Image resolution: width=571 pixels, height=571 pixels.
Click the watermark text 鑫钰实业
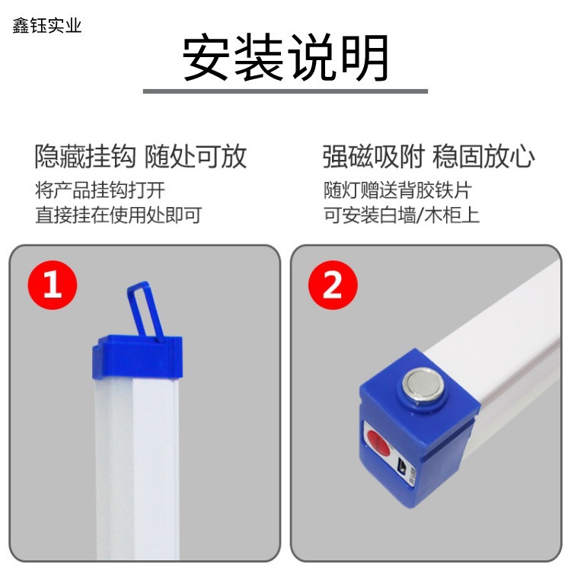coord(46,26)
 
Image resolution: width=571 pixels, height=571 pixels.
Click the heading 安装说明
coord(285,59)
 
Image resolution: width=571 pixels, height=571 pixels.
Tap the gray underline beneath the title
coord(285,91)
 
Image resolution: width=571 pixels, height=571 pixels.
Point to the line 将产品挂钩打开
coord(99,190)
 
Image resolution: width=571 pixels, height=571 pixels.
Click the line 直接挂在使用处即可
coord(118,215)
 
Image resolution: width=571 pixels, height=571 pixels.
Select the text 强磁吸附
coord(372,157)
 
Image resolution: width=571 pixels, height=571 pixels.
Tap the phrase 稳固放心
coord(483,157)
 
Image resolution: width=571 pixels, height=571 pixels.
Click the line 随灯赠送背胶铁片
coord(397,190)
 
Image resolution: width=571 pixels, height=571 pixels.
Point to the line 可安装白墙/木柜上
coord(401,215)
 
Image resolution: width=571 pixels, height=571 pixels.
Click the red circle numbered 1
coord(53,285)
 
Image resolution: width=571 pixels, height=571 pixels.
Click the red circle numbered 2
coord(333,286)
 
